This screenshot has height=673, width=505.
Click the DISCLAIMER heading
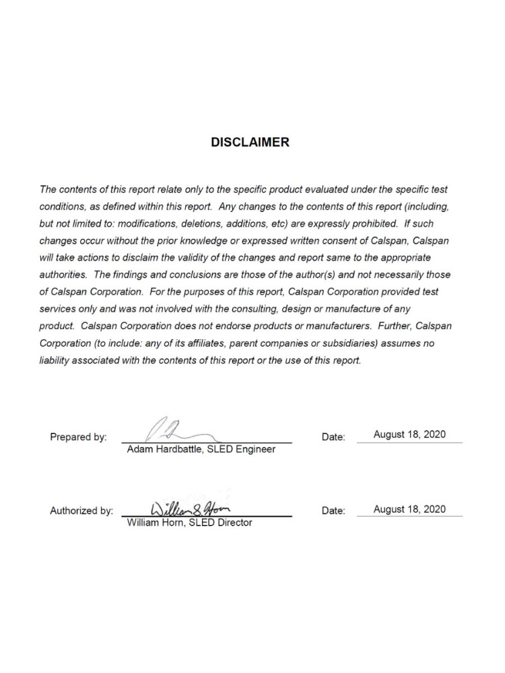point(250,143)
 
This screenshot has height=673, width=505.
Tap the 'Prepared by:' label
point(78,437)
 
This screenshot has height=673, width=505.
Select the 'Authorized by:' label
point(81,511)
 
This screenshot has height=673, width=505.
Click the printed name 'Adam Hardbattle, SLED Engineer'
point(201,450)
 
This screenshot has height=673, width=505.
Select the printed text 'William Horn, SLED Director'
point(190,522)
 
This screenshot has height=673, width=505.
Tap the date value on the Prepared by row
point(409,435)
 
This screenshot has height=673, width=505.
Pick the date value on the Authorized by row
point(409,509)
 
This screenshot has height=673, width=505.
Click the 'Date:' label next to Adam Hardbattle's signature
point(333,437)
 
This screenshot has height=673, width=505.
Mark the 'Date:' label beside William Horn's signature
point(333,511)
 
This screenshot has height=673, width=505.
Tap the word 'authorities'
point(62,275)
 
